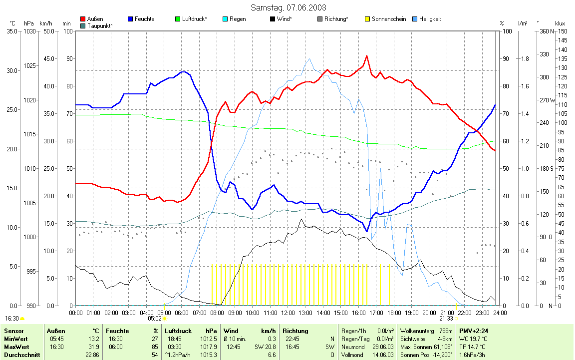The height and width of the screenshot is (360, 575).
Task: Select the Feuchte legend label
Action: tap(144, 19)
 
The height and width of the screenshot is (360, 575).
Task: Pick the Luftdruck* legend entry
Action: tap(195, 19)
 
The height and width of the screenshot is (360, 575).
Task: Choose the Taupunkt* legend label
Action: tap(100, 25)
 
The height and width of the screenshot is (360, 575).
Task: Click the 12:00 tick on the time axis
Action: tap(287, 313)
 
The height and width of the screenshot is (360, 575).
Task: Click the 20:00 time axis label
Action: tap(429, 313)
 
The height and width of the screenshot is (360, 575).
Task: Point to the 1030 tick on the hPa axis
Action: tap(29, 31)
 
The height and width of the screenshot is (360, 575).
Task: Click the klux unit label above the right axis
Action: tap(560, 23)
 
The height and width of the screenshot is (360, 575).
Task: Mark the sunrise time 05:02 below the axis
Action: tap(155, 318)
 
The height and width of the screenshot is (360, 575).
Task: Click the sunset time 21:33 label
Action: tap(446, 318)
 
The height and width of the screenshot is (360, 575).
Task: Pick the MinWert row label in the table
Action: tap(15, 339)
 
